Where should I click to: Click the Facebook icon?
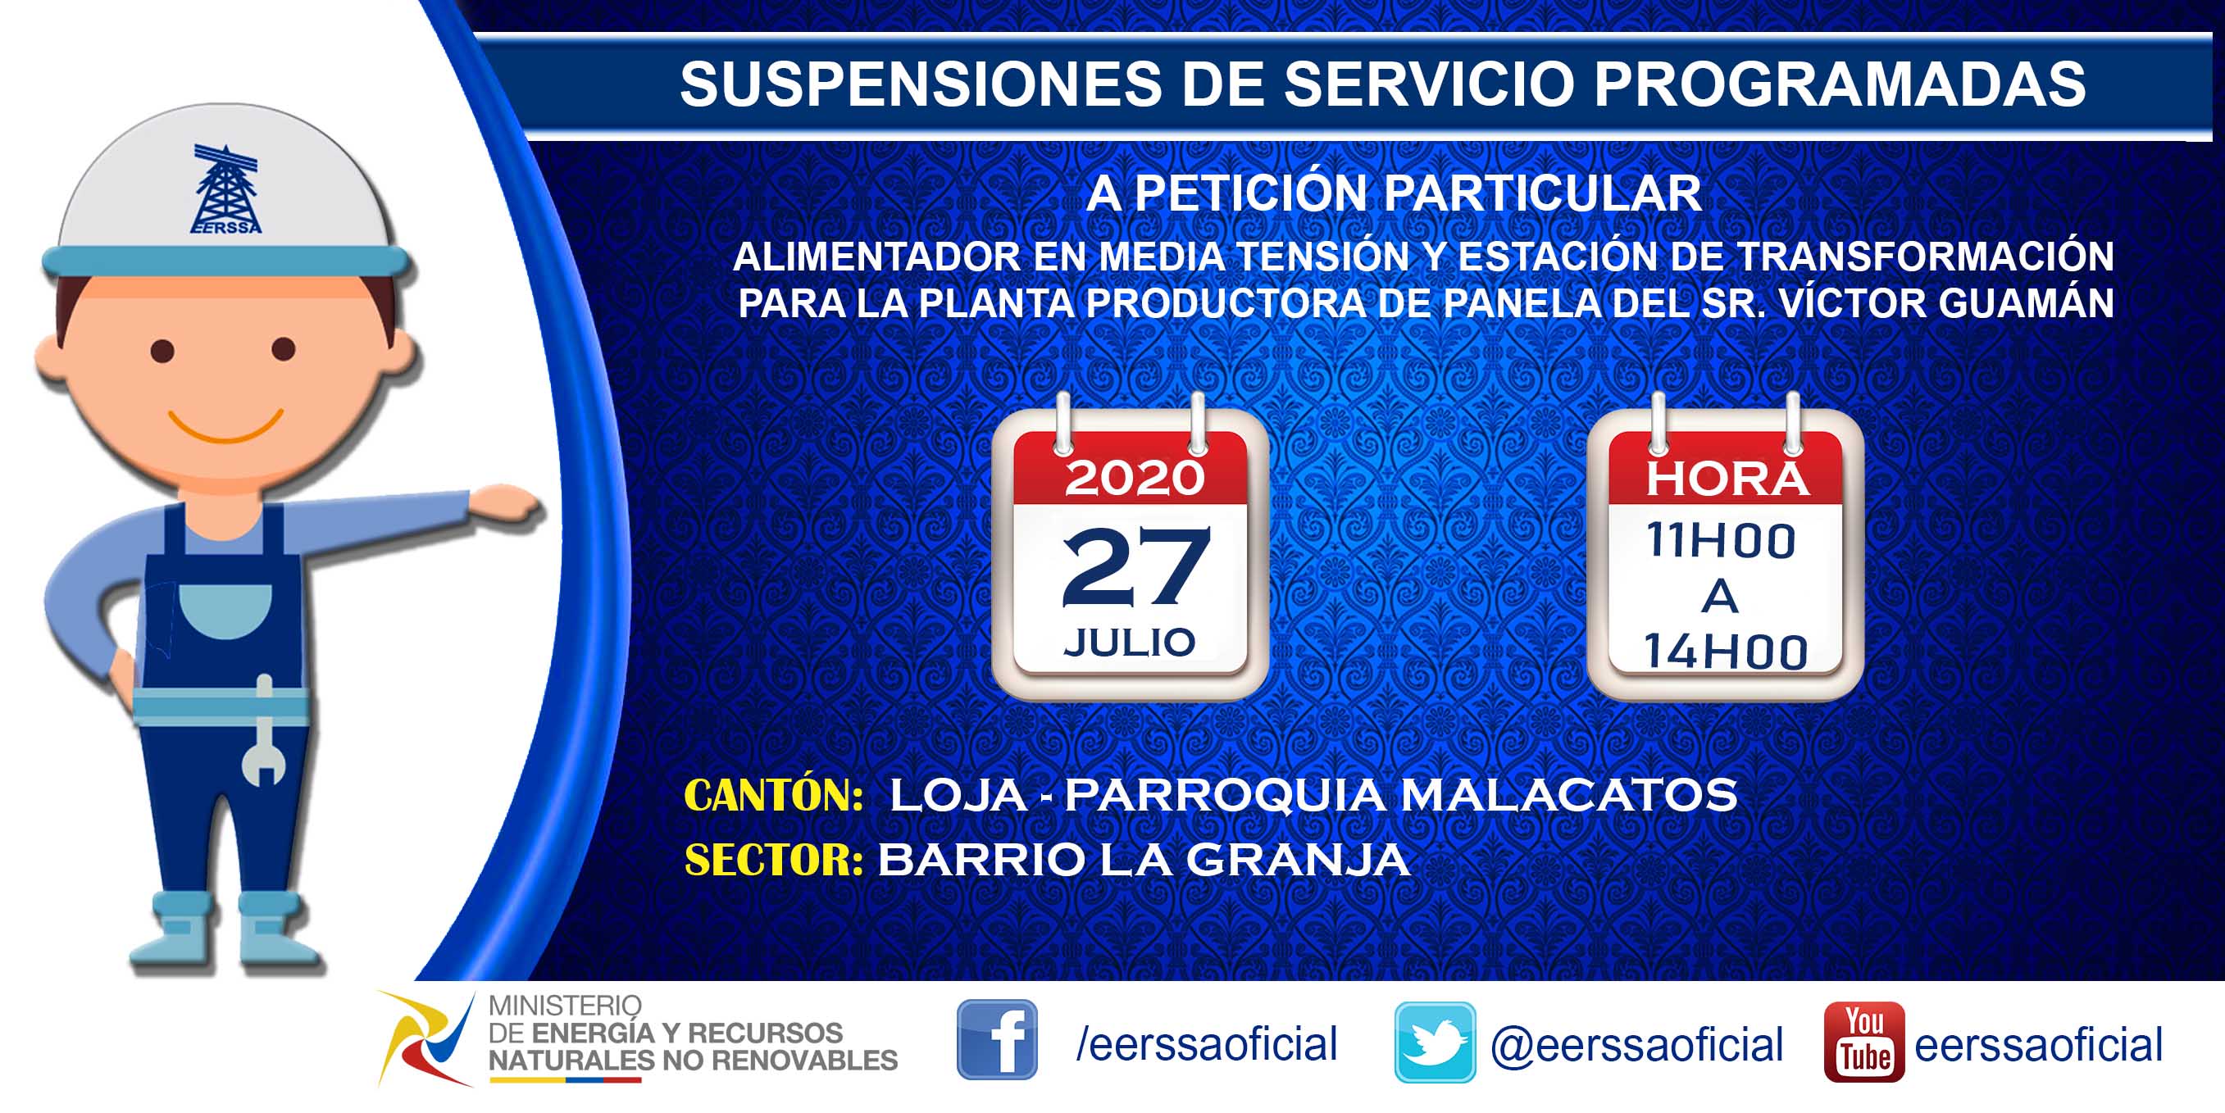997,1039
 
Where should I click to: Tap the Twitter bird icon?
1435,1042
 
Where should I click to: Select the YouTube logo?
1864,1042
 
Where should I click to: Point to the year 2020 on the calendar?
1134,478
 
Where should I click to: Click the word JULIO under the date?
1130,642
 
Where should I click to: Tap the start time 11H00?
1721,541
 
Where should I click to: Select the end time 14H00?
1725,651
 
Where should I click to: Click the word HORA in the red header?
1726,479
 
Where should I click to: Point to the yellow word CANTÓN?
773,795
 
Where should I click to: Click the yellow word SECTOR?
773,860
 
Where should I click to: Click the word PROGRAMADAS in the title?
1840,84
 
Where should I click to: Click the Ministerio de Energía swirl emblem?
425,1038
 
